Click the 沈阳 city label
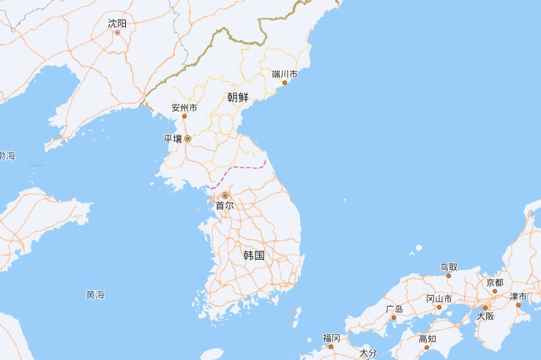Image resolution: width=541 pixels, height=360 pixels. point(117,23)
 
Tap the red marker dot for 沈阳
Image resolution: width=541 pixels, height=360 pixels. point(117,32)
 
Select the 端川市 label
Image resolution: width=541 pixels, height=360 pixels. point(284,74)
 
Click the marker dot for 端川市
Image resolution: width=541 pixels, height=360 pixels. point(285,82)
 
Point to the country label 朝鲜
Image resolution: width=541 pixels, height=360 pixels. point(239,97)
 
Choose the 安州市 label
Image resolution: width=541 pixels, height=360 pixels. point(184,108)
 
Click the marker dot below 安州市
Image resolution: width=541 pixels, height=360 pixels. point(184,116)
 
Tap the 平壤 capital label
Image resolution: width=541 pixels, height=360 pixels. point(173,138)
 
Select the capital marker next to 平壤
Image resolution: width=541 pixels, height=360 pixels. point(187,138)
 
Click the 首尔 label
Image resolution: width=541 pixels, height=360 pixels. point(225,206)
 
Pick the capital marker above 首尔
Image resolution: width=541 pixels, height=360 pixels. point(225,195)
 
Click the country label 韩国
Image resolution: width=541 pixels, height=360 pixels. point(253,255)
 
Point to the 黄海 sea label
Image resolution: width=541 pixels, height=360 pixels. point(95,295)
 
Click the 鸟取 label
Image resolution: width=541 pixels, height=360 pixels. point(449,267)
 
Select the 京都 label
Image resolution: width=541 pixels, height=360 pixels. point(494,282)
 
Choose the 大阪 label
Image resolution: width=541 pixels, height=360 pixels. point(485,316)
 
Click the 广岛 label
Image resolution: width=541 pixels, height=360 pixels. point(394,309)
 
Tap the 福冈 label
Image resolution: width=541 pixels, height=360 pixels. point(331,338)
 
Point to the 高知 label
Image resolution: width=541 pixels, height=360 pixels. point(428,339)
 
